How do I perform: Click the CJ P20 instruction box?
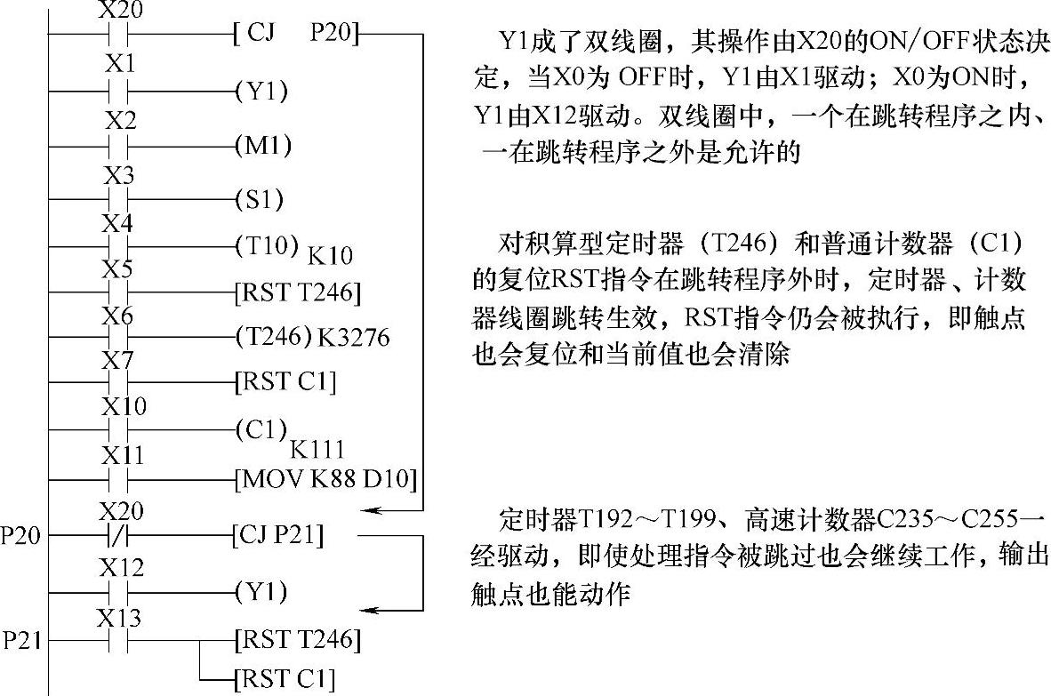[295, 35]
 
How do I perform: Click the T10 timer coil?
[267, 245]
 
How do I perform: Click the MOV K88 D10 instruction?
[325, 480]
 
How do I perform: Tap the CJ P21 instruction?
[277, 536]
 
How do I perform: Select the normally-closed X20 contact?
[120, 536]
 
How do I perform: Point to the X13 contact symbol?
[120, 639]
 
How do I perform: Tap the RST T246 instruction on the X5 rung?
[297, 291]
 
